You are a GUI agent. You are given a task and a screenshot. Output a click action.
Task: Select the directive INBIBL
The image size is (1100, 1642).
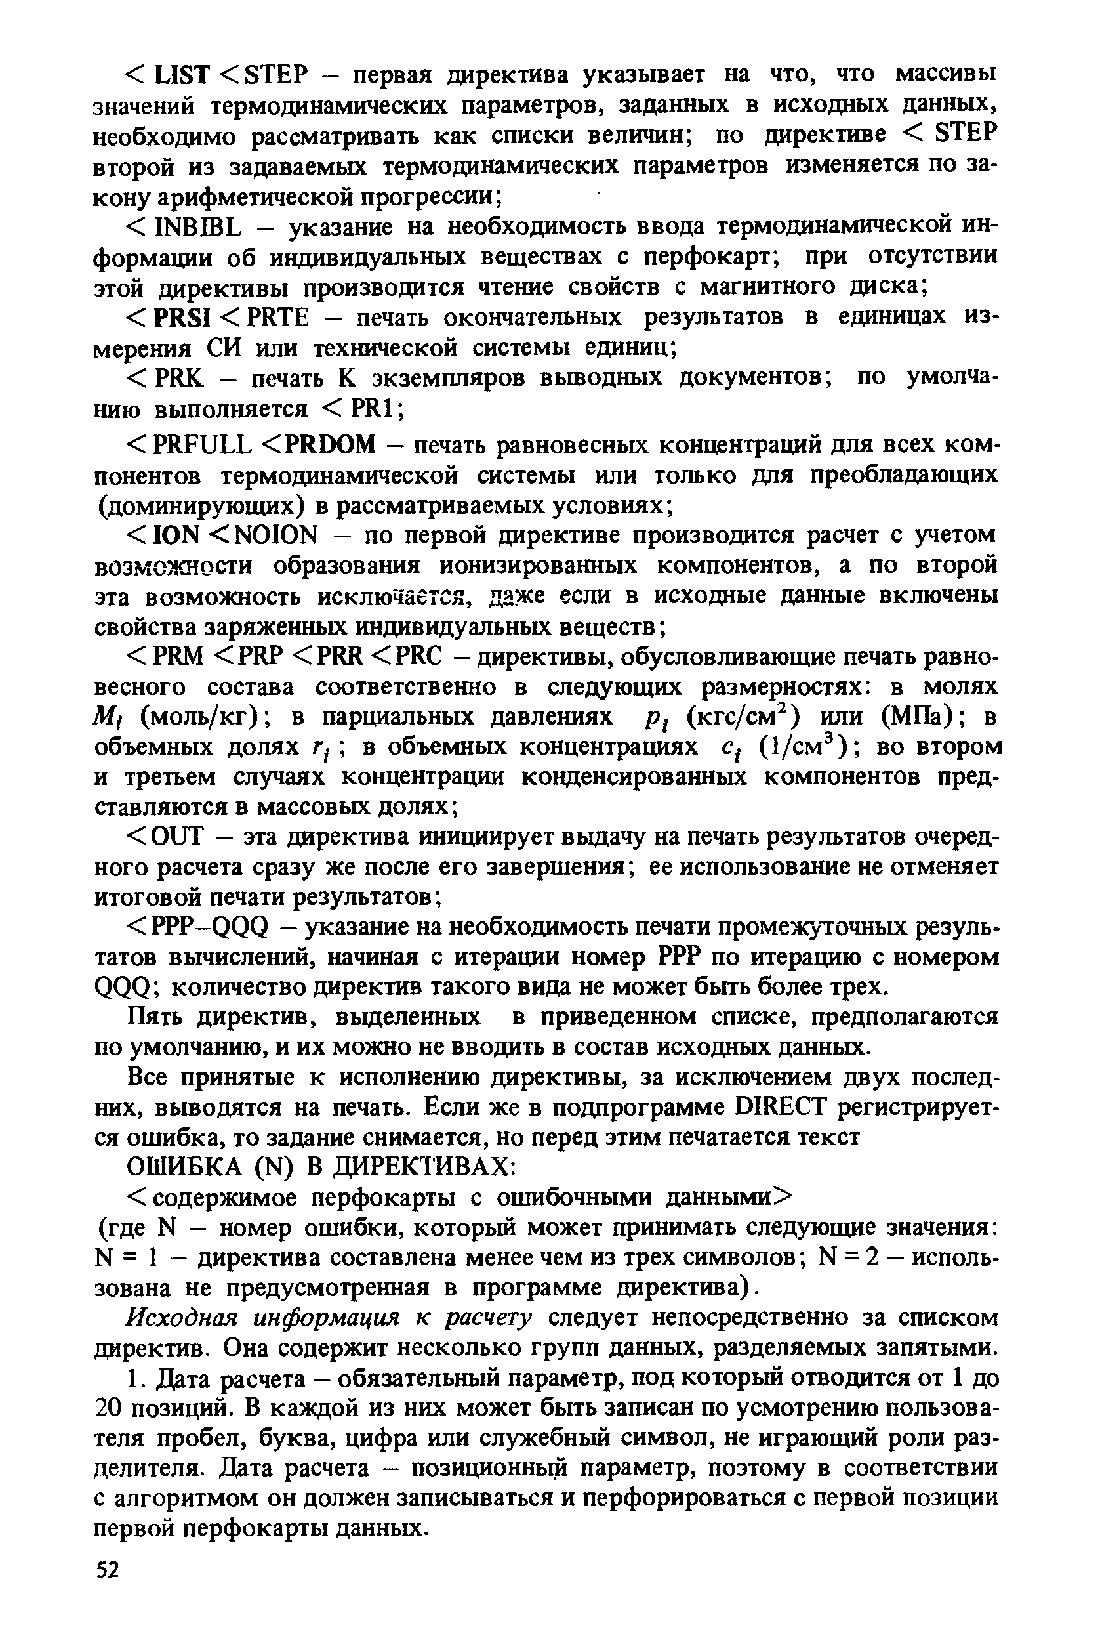[199, 226]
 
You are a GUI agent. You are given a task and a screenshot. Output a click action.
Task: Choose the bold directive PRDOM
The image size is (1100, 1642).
[331, 444]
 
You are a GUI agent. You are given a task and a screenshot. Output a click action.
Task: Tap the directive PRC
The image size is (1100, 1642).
[420, 656]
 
